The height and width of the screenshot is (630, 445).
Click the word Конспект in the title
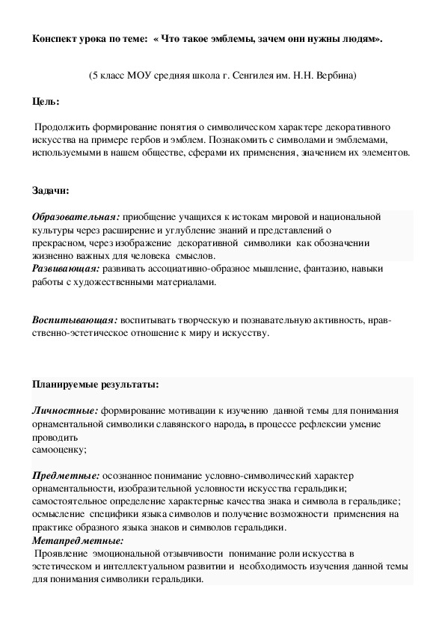pyautogui.click(x=55, y=38)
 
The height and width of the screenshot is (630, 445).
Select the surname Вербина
pyautogui.click(x=334, y=76)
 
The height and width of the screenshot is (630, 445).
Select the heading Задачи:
pyautogui.click(x=50, y=191)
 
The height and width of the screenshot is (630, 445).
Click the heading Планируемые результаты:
pyautogui.click(x=95, y=385)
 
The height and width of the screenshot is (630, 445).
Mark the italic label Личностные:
pyautogui.click(x=65, y=411)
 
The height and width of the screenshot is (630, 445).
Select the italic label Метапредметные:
pyautogui.click(x=78, y=540)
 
